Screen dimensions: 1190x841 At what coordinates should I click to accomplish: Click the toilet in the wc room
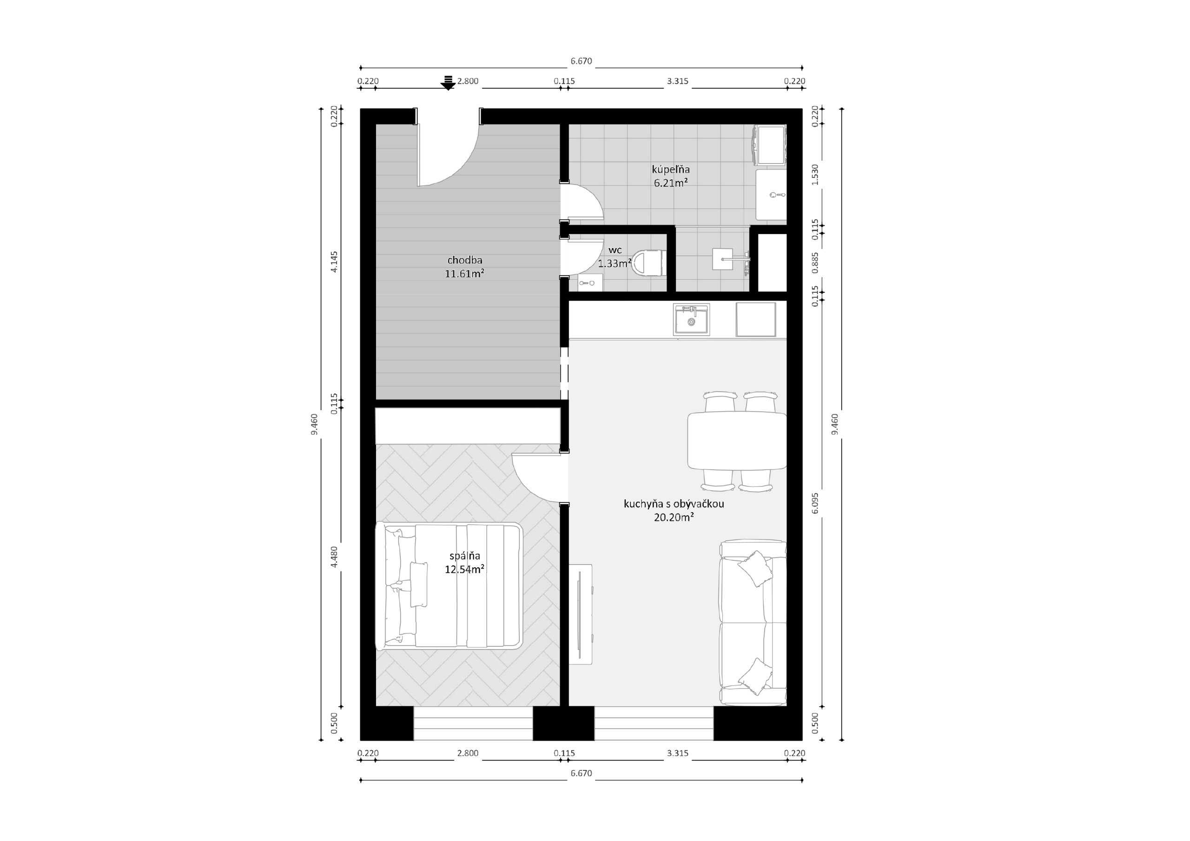[x=648, y=263]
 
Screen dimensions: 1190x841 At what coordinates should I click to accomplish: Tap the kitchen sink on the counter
[x=691, y=320]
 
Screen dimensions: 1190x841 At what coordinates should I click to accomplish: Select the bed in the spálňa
[x=449, y=586]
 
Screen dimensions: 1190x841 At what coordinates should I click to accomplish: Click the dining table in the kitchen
[x=737, y=440]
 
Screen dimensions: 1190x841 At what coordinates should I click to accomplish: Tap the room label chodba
[x=465, y=260]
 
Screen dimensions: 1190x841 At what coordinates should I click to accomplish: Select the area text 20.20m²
[x=674, y=517]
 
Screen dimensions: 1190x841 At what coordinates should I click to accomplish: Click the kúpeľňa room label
[x=671, y=170]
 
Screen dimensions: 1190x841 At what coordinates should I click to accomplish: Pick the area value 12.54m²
[x=464, y=569]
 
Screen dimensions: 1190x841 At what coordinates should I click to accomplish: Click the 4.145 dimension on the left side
[x=334, y=262]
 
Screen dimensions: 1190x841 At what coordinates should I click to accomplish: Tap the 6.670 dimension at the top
[x=581, y=61]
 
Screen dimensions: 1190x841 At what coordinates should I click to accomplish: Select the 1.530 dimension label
[x=815, y=175]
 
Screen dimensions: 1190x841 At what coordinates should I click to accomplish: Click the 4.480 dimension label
[x=334, y=557]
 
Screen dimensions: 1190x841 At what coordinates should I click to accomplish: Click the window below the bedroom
[x=473, y=723]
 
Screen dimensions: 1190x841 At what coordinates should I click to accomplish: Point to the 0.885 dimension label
[x=815, y=263]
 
